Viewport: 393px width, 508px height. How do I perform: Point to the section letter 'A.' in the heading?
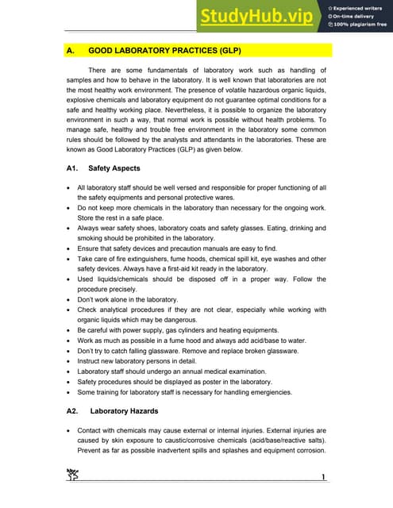coord(71,50)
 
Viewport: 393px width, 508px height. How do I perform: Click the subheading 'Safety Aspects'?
coord(114,168)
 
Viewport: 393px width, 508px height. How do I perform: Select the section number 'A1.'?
coord(73,168)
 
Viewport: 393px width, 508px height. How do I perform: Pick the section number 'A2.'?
coord(73,411)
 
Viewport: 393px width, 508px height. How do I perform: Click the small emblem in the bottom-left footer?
coord(73,475)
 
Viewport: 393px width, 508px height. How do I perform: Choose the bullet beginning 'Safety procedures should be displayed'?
coord(179,381)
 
